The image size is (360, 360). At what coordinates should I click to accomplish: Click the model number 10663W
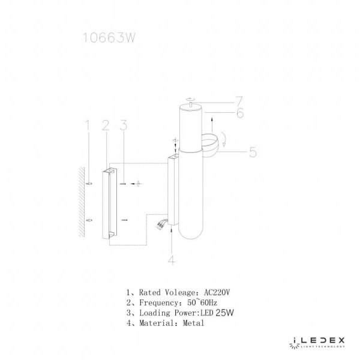point(107,38)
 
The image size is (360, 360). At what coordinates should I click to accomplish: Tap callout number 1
point(87,125)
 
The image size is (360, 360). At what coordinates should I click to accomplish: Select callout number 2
point(105,125)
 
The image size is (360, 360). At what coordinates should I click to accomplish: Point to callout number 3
point(123,125)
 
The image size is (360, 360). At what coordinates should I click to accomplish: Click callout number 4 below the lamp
point(172,260)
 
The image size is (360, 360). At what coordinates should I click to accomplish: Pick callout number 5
point(253,152)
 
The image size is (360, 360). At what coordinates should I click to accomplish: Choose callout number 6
point(239,113)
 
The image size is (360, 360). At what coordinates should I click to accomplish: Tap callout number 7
point(238,100)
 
